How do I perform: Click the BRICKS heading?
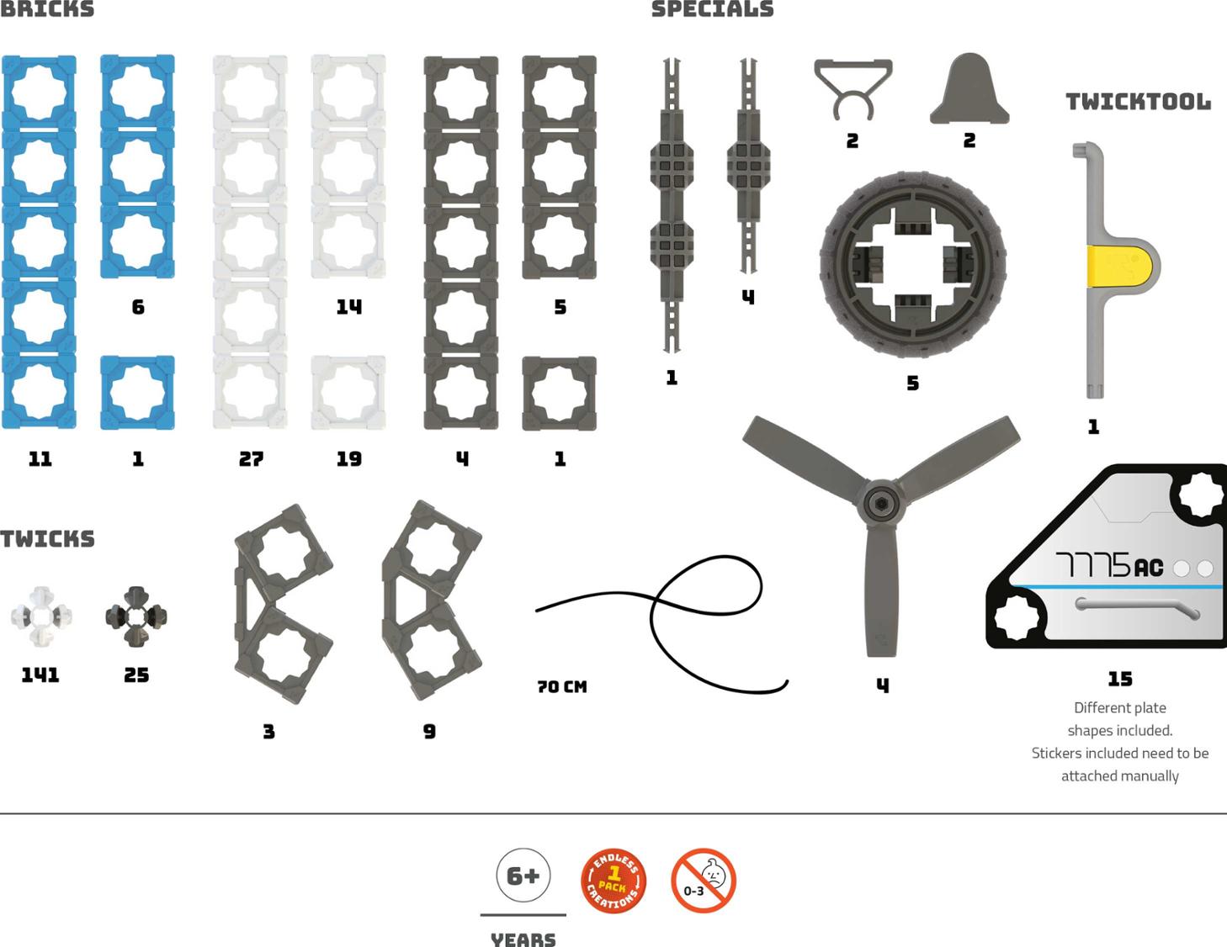47,9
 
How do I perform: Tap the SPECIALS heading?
712,9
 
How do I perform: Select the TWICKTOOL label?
1138,102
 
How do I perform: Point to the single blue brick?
138,393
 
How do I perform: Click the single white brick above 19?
348,393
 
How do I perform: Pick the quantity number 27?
251,459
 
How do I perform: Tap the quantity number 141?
40,675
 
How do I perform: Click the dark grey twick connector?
136,616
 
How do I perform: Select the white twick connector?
40,616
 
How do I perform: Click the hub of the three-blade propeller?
880,503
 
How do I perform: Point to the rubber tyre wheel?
913,265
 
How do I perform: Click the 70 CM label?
562,687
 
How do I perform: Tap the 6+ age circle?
523,876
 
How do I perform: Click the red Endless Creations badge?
613,881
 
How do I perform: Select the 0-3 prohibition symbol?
704,881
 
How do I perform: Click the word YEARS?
523,938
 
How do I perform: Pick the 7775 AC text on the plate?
1109,565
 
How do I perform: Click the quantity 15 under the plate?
1120,679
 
